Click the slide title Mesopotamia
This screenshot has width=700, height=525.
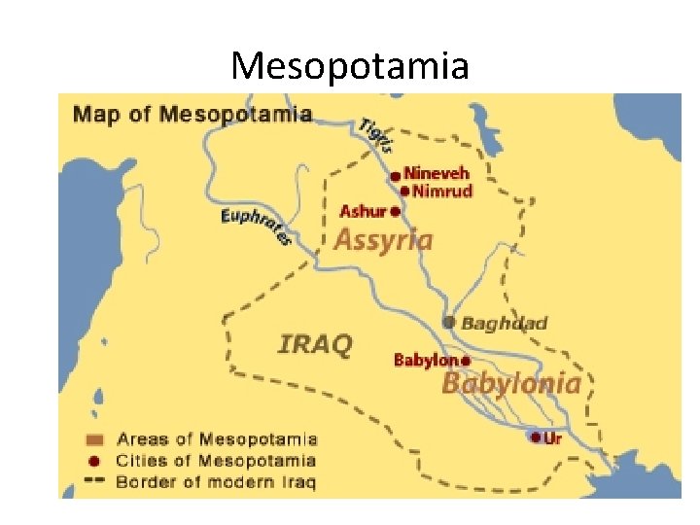pos(350,65)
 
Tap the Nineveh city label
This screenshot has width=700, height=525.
pos(437,174)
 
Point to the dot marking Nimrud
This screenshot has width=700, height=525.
pos(404,191)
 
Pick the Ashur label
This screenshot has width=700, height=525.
pos(363,211)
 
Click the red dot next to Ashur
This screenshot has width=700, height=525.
pos(395,211)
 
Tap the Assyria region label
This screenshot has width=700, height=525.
pos(383,239)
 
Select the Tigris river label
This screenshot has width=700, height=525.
pos(377,134)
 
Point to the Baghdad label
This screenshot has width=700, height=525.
pos(504,323)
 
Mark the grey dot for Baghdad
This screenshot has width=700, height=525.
pos(448,322)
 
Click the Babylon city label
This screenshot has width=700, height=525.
pos(425,360)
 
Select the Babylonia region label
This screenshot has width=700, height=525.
pos(511,383)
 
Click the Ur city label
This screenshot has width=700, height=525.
pos(553,438)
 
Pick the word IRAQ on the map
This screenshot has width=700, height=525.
pos(315,343)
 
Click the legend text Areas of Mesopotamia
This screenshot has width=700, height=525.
pos(216,439)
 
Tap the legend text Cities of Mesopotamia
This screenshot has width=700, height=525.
pos(216,461)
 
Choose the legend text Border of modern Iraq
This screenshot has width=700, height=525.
pos(216,481)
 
